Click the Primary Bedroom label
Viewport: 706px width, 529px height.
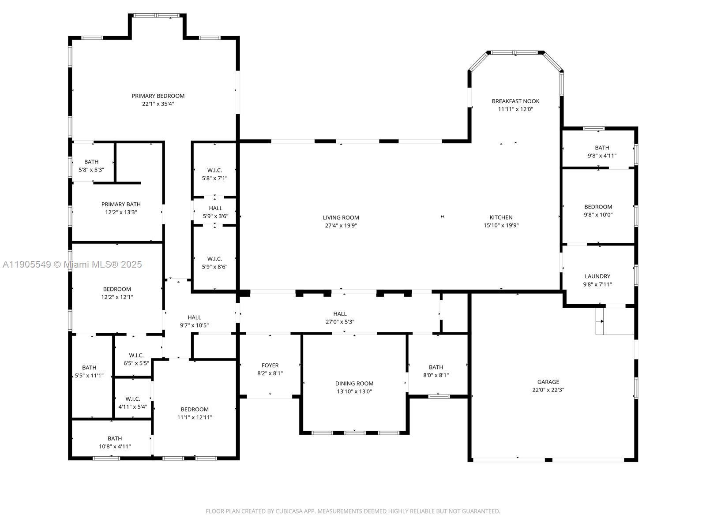click(158, 96)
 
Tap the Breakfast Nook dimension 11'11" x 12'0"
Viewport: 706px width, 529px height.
click(515, 109)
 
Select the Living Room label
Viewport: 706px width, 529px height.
click(341, 217)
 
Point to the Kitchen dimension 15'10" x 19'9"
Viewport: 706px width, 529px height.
click(501, 225)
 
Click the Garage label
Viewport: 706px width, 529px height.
click(548, 382)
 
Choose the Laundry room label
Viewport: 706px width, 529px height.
click(597, 276)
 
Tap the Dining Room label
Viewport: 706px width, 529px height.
click(354, 384)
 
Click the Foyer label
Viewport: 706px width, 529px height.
click(270, 365)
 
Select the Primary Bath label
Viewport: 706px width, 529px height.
click(121, 204)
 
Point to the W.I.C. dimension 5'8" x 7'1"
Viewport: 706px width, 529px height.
click(214, 178)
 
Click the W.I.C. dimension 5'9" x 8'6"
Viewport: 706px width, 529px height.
click(214, 267)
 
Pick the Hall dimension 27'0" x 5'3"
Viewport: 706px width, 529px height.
click(340, 322)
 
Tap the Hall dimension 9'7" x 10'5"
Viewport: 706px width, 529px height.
click(194, 325)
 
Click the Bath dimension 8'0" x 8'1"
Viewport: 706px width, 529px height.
click(436, 375)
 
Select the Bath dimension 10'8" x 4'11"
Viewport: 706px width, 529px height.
click(115, 447)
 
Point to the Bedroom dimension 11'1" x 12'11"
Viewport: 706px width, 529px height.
click(195, 417)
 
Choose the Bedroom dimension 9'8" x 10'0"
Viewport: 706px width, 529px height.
click(598, 215)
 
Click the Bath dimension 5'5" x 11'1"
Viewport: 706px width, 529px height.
click(89, 376)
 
